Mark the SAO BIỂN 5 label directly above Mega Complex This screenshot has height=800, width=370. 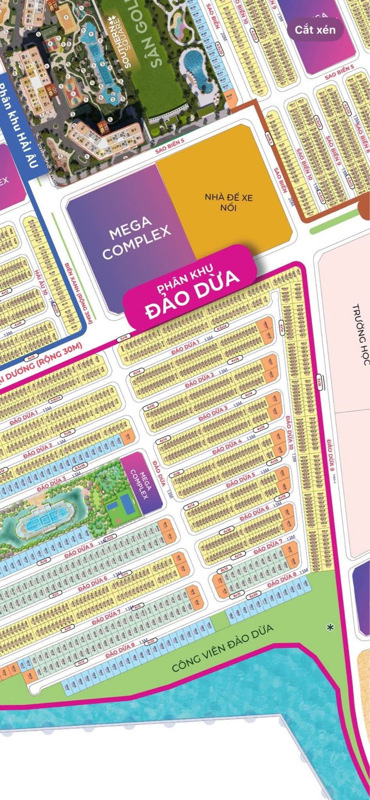[x=170, y=145]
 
